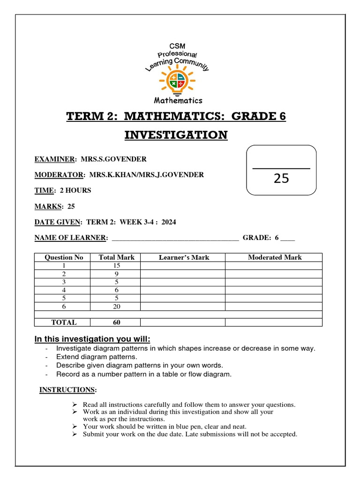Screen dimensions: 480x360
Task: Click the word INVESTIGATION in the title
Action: (x=176, y=135)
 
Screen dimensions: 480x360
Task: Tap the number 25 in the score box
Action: (x=281, y=178)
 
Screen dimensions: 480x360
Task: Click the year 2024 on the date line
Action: (x=168, y=222)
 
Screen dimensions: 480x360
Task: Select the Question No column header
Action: (x=64, y=257)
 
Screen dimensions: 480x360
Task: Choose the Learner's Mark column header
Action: (x=184, y=257)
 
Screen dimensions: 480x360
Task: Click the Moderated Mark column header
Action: (x=275, y=257)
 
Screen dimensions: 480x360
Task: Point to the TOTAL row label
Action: (x=64, y=322)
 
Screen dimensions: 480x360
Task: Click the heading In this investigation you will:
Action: (x=92, y=339)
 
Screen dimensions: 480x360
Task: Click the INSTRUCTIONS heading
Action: (x=68, y=390)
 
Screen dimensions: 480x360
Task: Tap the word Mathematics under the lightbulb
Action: (x=178, y=100)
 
